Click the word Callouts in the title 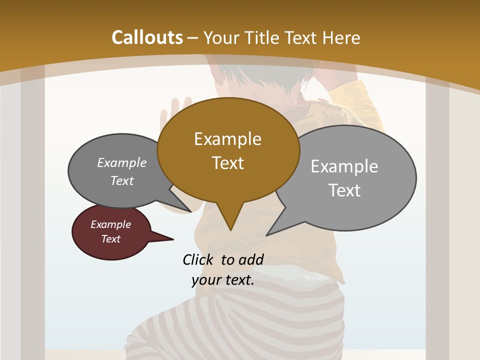point(147,37)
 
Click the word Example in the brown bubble point(227,139)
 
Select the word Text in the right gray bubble point(344,190)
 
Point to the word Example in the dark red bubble point(110,224)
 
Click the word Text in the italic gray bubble point(121,181)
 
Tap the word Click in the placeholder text point(198,259)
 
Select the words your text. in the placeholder point(223,280)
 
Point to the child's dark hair point(260,80)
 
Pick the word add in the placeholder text point(251,259)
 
